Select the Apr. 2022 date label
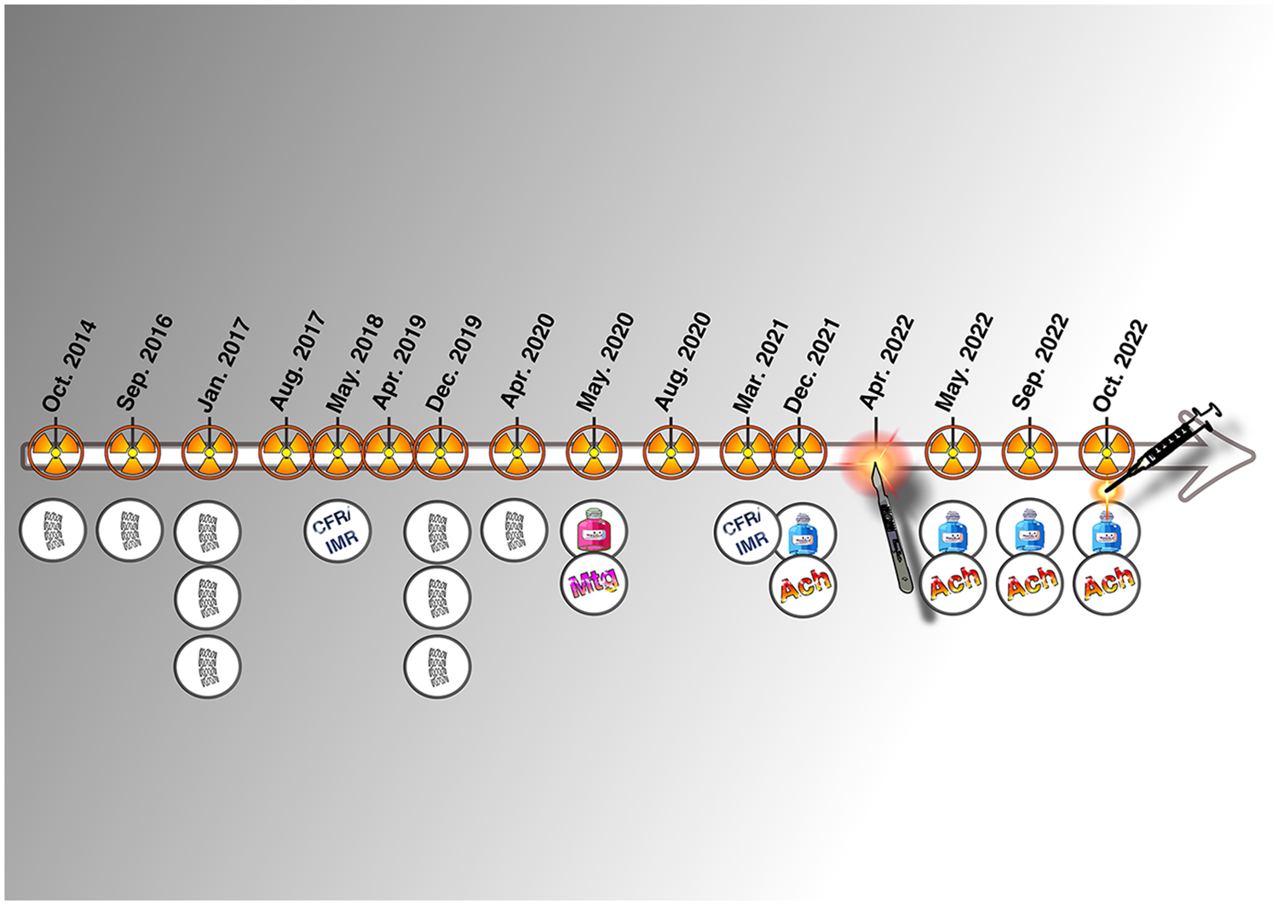coord(887,362)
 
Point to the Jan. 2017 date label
coord(223,364)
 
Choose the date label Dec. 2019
coord(455,364)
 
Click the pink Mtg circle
coord(594,584)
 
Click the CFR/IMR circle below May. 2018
coord(337,530)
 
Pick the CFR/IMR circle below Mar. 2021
coord(746,532)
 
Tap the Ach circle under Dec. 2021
coord(803,585)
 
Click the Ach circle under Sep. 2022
coord(1030,584)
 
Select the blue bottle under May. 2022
coord(953,532)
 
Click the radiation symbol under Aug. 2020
coord(671,453)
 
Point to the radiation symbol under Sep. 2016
coord(133,453)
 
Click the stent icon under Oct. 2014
coord(53,530)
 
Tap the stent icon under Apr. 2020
coord(514,530)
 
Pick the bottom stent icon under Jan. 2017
coord(207,666)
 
